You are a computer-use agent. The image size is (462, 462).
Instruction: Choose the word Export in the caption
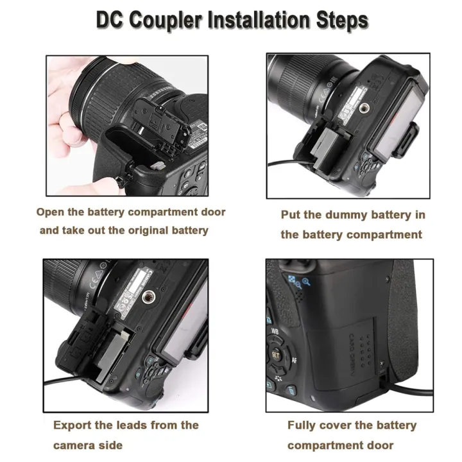tap(73, 425)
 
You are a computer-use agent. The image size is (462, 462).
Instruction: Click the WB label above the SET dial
tap(274, 331)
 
